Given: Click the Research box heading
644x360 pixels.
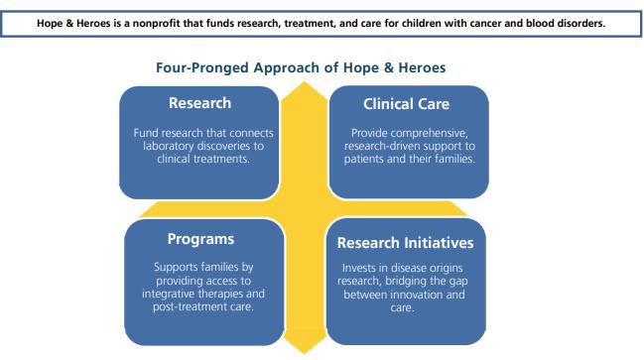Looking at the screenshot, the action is click(x=200, y=103).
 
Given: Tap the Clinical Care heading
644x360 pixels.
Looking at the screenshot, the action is click(x=406, y=104).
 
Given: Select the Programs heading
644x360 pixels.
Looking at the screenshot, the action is click(x=200, y=239).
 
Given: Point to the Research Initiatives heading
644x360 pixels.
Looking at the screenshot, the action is click(x=406, y=243).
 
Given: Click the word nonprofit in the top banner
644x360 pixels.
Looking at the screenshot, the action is click(x=157, y=24).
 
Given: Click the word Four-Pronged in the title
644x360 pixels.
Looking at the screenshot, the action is click(x=202, y=67).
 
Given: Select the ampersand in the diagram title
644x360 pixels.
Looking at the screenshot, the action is click(x=389, y=67).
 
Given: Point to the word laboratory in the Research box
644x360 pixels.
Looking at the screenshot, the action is click(x=169, y=146).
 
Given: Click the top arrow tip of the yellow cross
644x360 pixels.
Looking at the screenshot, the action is click(x=305, y=82).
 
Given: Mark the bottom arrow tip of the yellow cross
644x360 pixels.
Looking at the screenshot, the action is click(x=305, y=353).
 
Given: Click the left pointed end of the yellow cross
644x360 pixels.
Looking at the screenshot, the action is click(x=141, y=216).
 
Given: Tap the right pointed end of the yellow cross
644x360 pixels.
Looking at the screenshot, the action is click(x=466, y=214).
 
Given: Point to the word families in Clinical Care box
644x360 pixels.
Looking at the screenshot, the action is click(x=454, y=159).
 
